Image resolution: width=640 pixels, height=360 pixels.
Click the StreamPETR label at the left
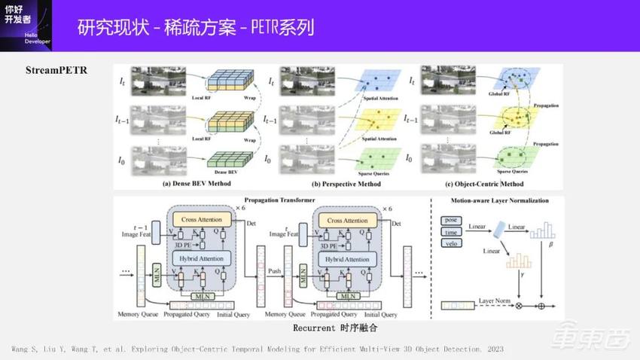[x=56, y=71]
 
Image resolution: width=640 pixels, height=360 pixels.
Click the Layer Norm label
[x=496, y=301]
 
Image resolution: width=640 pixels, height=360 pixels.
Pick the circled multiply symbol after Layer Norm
[x=518, y=307]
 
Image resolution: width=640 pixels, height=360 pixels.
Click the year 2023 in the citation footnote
[x=493, y=349]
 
